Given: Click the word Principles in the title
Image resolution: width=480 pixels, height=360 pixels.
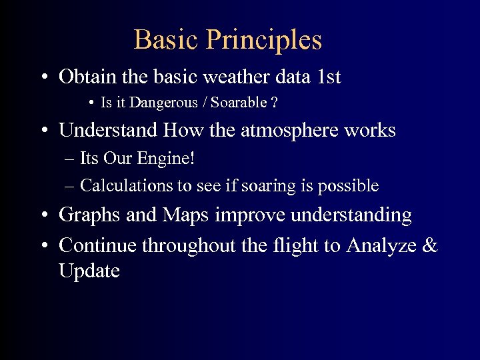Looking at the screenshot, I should pyautogui.click(x=264, y=40).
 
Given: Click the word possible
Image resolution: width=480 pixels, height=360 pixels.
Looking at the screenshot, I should pyautogui.click(x=353, y=185).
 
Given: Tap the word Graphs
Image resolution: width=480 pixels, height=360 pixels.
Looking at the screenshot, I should pyautogui.click(x=84, y=215).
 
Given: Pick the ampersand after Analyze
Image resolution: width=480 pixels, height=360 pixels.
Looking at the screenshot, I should pyautogui.click(x=431, y=245).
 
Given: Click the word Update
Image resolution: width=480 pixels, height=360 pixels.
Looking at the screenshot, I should pyautogui.click(x=89, y=271).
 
